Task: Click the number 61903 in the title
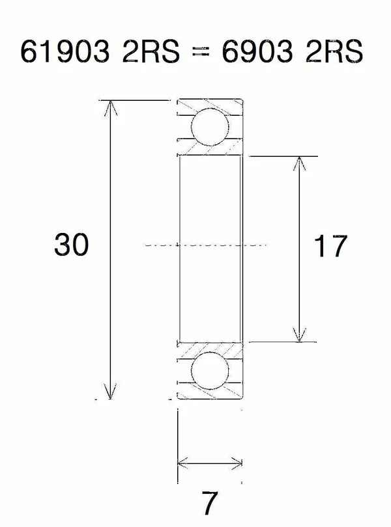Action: pyautogui.click(x=64, y=53)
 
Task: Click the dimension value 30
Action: pyautogui.click(x=71, y=246)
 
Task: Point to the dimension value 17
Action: pyautogui.click(x=330, y=247)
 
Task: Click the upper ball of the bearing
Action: pyautogui.click(x=210, y=128)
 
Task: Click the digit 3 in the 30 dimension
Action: pyautogui.click(x=63, y=246)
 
